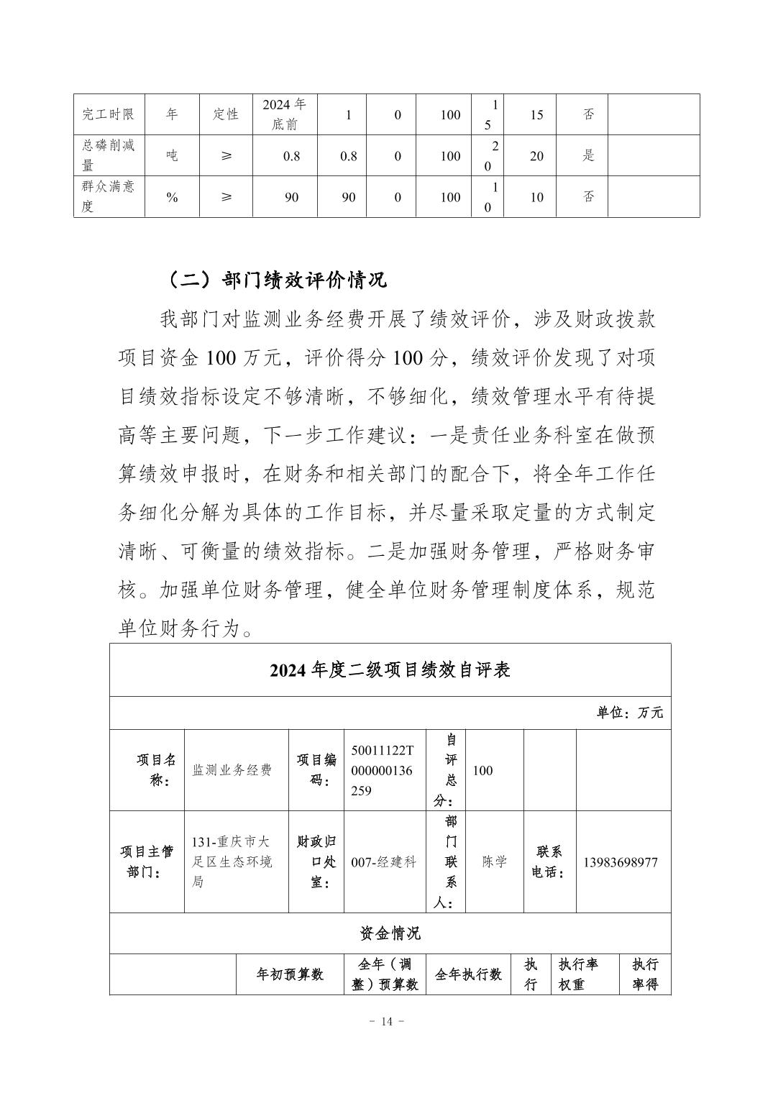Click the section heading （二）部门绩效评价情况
(x=275, y=280)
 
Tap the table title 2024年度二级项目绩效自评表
(x=390, y=670)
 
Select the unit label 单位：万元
(x=629, y=713)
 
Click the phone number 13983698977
(x=620, y=862)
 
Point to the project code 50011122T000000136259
(x=383, y=770)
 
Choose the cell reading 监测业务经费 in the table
(x=232, y=770)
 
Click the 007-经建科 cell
(x=383, y=862)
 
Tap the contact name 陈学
(x=495, y=862)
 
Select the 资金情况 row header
(x=390, y=933)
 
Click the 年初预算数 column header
(x=290, y=974)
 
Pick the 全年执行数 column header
(x=468, y=974)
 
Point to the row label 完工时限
(x=109, y=114)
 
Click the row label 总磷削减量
(x=109, y=155)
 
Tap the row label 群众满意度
(x=109, y=196)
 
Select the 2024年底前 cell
(x=284, y=114)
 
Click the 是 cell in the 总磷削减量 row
(x=588, y=155)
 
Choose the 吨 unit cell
(x=172, y=155)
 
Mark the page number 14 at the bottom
(x=387, y=1022)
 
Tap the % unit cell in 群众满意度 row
(x=172, y=197)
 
